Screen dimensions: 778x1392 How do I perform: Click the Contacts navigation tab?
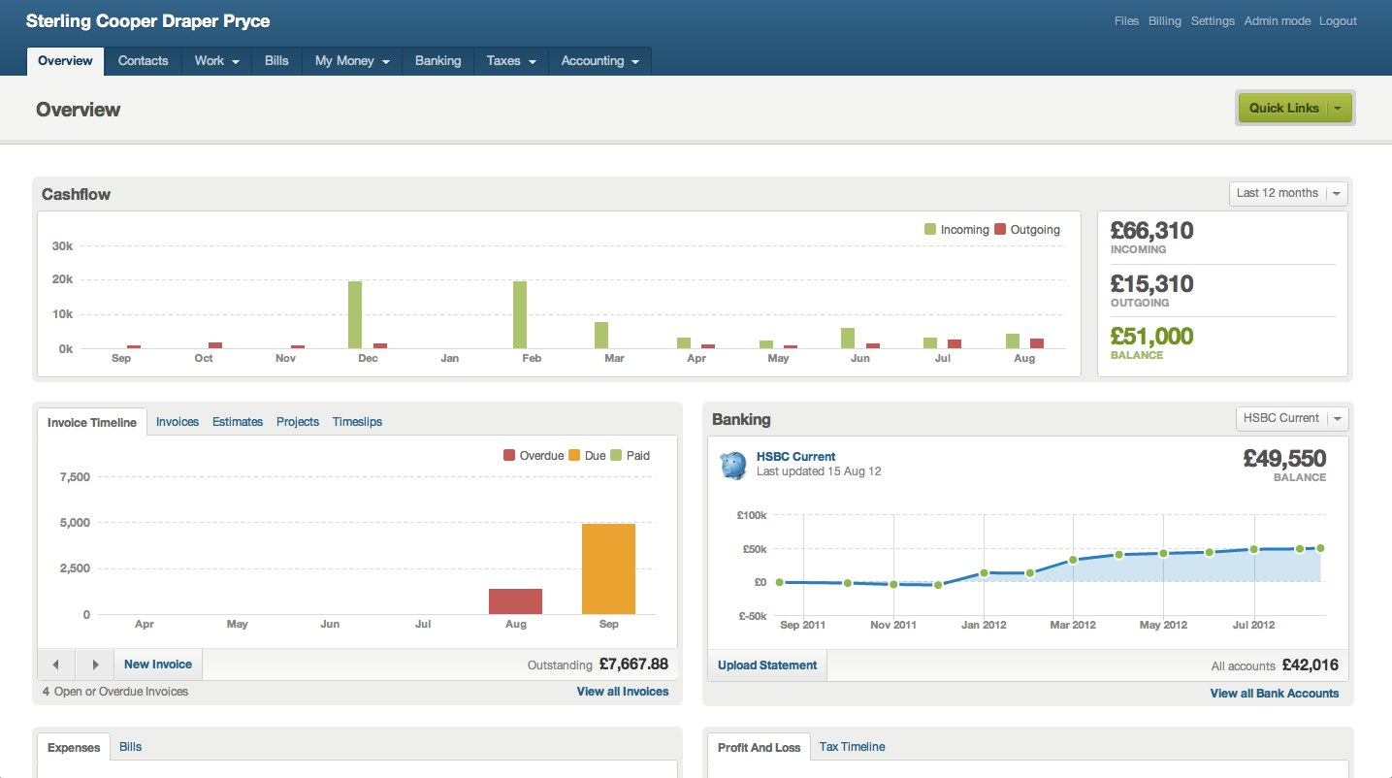coord(144,60)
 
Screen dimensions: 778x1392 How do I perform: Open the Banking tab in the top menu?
coord(437,60)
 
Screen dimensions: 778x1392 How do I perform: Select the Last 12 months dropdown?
coord(1287,193)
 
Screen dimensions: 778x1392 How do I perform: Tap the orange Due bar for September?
coord(608,568)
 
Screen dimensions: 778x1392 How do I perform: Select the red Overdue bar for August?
coord(515,601)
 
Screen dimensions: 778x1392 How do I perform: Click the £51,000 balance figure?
coord(1151,337)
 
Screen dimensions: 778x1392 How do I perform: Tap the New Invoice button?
coord(158,665)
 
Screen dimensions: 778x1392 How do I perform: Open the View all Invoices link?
coord(622,692)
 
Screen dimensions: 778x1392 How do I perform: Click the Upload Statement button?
coord(767,665)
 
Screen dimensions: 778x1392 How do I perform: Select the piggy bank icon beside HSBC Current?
coord(733,465)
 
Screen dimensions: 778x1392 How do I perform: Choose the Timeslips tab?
coord(357,422)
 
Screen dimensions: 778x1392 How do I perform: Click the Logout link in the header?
coord(1338,21)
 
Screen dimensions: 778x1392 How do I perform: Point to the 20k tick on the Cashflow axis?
coord(62,279)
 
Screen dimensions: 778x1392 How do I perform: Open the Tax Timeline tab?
coord(852,747)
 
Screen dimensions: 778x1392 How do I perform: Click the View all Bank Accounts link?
coord(1274,694)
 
